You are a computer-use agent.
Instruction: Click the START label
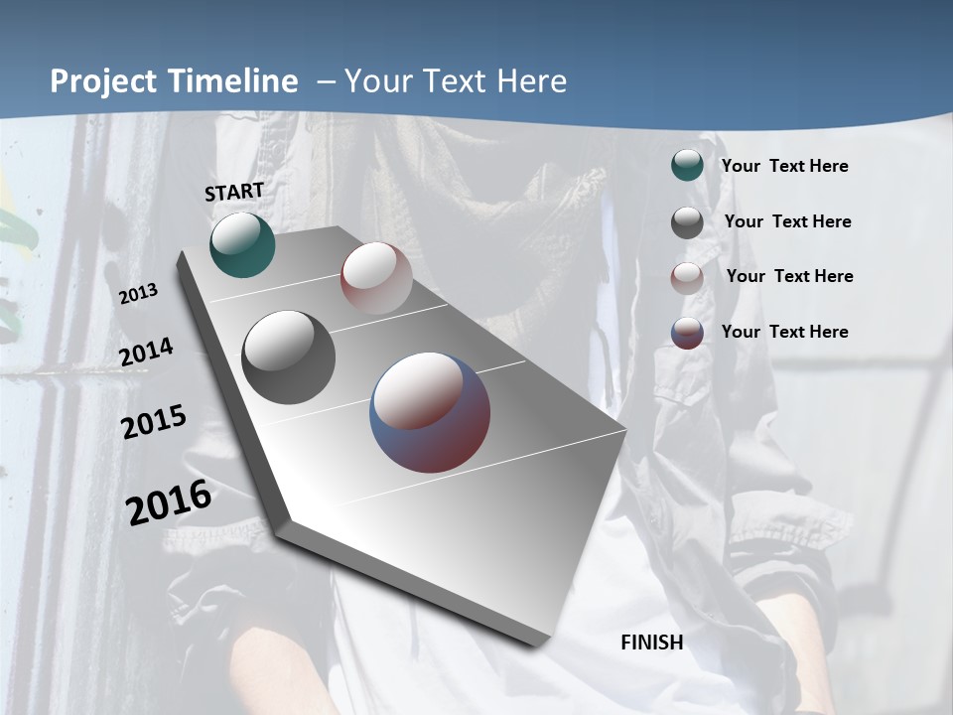click(x=234, y=192)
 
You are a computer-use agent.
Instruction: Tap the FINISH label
click(x=651, y=643)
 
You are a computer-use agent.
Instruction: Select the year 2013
click(x=138, y=294)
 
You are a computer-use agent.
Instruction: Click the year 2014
click(x=146, y=353)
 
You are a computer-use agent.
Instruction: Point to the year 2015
click(x=154, y=422)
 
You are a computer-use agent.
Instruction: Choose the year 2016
click(x=169, y=501)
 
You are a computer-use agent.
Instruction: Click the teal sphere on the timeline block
click(x=242, y=244)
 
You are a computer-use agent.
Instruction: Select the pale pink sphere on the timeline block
click(x=376, y=278)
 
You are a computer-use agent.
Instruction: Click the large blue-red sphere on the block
click(x=430, y=412)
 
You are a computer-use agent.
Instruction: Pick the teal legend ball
click(x=687, y=165)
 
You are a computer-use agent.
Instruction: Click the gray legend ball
click(x=687, y=221)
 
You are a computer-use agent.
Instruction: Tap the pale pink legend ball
click(x=687, y=277)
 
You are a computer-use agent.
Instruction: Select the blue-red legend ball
click(x=687, y=332)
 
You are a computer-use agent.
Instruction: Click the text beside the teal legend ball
click(x=784, y=166)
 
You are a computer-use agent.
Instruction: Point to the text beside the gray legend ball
click(x=787, y=221)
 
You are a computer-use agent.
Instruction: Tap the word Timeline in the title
click(x=233, y=81)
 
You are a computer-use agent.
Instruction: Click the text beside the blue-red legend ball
click(x=784, y=332)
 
